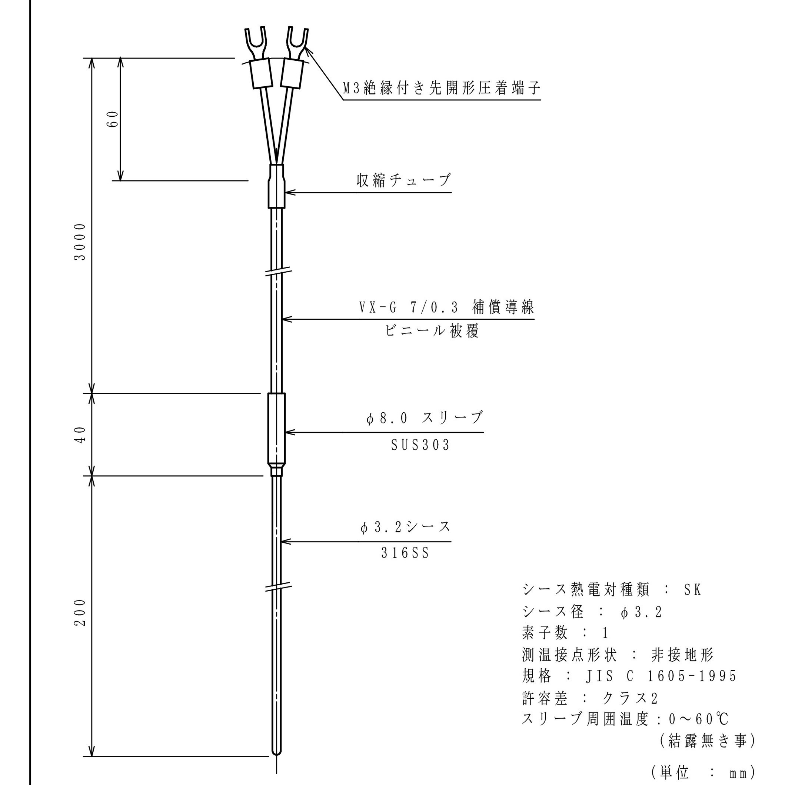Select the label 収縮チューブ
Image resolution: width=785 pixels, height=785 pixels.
(403, 180)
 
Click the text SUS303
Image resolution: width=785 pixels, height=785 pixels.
(420, 445)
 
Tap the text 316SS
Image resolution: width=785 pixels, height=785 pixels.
(405, 553)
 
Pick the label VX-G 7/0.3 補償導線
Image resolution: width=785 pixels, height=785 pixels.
(446, 307)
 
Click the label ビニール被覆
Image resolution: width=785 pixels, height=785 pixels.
(432, 331)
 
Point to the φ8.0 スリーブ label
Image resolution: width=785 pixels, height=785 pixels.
(425, 418)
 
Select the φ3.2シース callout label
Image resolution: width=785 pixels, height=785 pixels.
(406, 527)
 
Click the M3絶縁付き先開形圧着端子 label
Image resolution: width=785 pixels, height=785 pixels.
(442, 88)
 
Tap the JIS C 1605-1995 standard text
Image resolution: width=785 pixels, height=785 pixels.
(661, 676)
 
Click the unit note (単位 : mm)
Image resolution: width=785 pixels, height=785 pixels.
(703, 772)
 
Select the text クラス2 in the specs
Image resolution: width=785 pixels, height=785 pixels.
(629, 698)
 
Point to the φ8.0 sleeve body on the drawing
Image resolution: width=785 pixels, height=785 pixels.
(276, 429)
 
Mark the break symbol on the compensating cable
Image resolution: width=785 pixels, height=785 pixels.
(278, 272)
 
